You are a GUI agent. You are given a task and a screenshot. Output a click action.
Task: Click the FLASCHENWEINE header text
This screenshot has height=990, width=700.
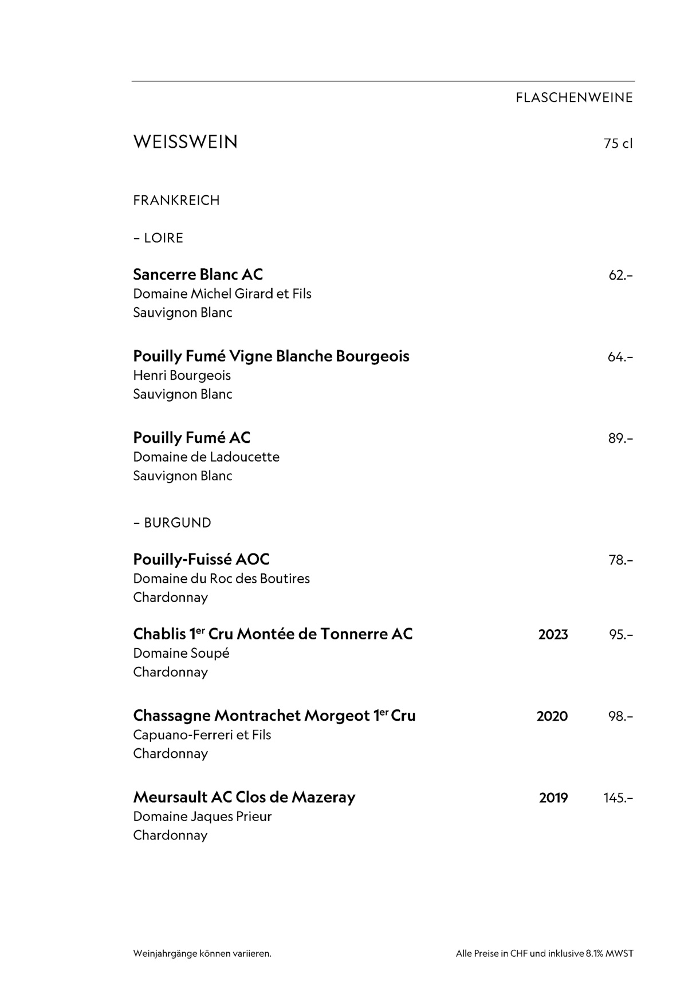pos(574,98)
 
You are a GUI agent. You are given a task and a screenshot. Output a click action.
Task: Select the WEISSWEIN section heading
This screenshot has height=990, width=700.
pos(185,142)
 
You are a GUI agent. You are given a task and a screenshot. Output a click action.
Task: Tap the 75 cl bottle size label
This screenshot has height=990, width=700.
pos(618,143)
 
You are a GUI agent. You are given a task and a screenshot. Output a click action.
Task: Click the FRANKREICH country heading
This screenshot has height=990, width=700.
pos(176,201)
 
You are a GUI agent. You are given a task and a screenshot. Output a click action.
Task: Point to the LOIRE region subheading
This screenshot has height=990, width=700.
pos(163,238)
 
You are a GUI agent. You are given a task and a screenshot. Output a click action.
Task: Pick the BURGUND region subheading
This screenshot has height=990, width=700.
pos(177,522)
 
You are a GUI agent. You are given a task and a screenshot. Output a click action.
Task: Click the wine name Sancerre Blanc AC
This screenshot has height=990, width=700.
pos(198,274)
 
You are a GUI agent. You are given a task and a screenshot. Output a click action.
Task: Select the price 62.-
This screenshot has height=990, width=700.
pos(620,276)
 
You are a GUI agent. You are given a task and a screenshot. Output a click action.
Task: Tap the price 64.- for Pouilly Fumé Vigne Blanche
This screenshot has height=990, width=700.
pos(620,357)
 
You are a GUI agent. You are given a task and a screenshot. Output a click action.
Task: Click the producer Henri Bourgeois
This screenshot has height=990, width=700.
pos(182,375)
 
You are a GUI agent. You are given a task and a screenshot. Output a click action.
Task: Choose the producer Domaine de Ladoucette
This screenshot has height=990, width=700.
pos(206,457)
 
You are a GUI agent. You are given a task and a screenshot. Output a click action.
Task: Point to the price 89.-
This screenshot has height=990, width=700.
pos(620,439)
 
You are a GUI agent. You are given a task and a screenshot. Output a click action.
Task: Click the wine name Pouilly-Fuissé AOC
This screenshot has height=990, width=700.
pos(201,559)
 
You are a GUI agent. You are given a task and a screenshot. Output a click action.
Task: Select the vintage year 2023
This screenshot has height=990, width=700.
pos(553,635)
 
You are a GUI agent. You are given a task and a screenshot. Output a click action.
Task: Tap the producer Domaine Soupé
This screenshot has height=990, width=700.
pos(181,653)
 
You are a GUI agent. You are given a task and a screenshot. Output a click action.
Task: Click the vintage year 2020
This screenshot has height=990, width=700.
pos(552,716)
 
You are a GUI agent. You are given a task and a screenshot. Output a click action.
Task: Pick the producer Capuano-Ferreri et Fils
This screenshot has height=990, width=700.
pos(202,735)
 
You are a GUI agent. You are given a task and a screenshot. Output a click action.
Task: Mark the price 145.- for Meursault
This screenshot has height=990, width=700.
pos(618,798)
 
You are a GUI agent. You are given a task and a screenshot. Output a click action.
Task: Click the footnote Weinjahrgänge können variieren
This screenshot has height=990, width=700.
pos(202,954)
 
